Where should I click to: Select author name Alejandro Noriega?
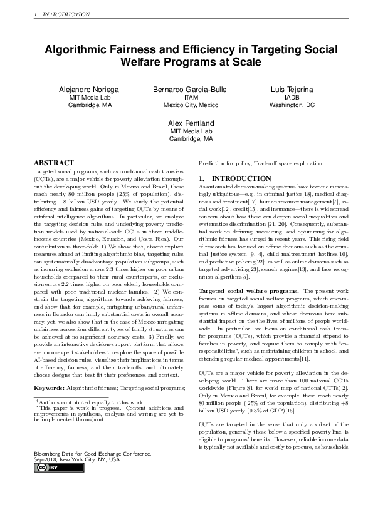click(89, 90)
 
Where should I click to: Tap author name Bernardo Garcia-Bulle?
click(190, 90)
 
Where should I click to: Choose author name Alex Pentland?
click(191, 123)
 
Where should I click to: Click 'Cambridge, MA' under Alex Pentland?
click(191, 139)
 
